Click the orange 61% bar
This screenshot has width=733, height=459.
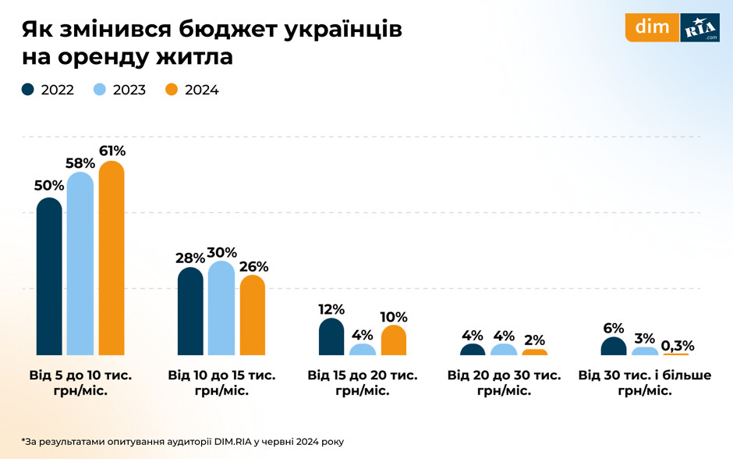pyautogui.click(x=112, y=259)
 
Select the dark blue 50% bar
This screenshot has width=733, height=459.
pyautogui.click(x=49, y=277)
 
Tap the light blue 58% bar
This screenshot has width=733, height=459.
pyautogui.click(x=80, y=265)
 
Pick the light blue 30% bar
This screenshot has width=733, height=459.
pyautogui.click(x=221, y=309)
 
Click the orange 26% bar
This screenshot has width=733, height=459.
pyautogui.click(x=253, y=316)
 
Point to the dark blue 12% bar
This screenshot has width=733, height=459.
pyautogui.click(x=331, y=338)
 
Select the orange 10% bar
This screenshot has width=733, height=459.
pyautogui.click(x=394, y=341)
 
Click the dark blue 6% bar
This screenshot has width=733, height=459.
pyautogui.click(x=614, y=347)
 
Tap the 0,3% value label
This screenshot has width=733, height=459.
pyautogui.click(x=677, y=345)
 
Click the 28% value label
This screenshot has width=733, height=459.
pyautogui.click(x=190, y=258)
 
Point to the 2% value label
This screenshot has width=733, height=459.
pyautogui.click(x=535, y=340)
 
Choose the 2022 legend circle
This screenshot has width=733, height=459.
pyautogui.click(x=29, y=90)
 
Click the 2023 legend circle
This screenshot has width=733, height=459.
pyautogui.click(x=101, y=90)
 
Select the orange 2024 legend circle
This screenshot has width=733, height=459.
pyautogui.click(x=173, y=90)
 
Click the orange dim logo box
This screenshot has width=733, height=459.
pyautogui.click(x=652, y=27)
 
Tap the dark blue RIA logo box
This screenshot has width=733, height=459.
pyautogui.click(x=699, y=27)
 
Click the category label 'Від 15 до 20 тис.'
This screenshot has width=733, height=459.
pyautogui.click(x=363, y=375)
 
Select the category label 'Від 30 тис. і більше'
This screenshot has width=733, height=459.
pyautogui.click(x=645, y=375)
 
